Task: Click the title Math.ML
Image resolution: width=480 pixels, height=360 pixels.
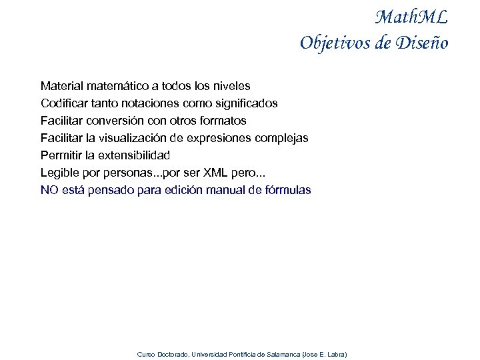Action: click(411, 17)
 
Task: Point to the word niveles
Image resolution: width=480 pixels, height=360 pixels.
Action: click(231, 86)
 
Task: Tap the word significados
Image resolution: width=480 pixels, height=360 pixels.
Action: click(245, 103)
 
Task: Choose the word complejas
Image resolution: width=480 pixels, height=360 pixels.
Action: click(280, 138)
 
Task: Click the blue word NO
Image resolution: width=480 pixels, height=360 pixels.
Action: click(49, 190)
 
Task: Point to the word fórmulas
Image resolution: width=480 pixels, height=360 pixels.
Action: click(287, 190)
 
